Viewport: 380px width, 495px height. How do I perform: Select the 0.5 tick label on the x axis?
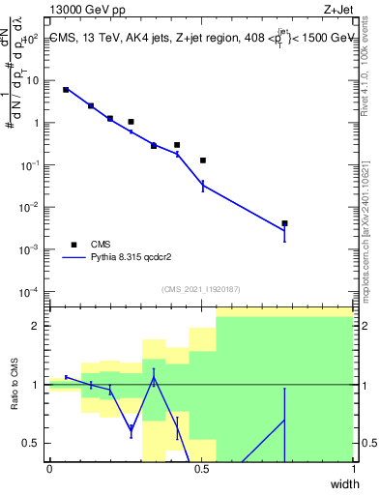(201, 469)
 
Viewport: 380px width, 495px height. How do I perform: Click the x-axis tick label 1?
(353, 469)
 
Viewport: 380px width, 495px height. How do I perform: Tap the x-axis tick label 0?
(49, 469)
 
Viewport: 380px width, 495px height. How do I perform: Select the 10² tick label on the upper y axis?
(32, 39)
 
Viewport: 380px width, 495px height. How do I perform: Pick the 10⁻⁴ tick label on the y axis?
(32, 292)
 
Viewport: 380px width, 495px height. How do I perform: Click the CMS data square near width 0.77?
(284, 223)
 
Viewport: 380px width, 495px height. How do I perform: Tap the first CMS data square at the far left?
(66, 89)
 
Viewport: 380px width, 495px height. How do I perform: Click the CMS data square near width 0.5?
(203, 160)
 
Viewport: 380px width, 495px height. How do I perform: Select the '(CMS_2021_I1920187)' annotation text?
(201, 288)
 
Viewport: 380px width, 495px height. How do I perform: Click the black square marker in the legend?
(73, 245)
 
